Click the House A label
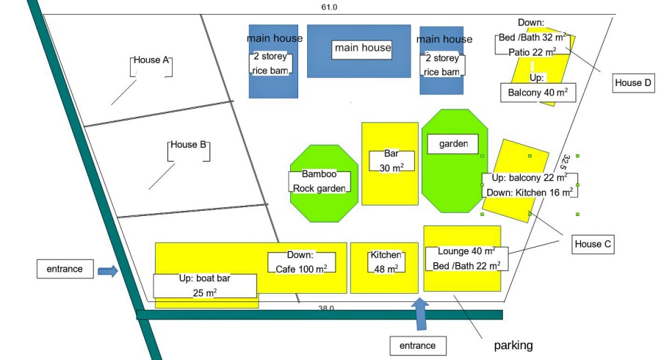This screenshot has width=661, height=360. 151,61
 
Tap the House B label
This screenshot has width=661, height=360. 189,145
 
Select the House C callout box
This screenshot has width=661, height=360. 593,245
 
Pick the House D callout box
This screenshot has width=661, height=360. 633,83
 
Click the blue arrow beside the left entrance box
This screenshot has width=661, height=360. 108,271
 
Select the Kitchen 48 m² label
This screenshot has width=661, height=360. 386,262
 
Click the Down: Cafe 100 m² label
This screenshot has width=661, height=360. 301,262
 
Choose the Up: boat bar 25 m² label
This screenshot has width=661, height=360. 205,286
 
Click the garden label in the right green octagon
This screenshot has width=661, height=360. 453,144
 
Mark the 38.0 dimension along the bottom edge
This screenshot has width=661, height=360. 326,308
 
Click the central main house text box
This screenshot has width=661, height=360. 362,48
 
